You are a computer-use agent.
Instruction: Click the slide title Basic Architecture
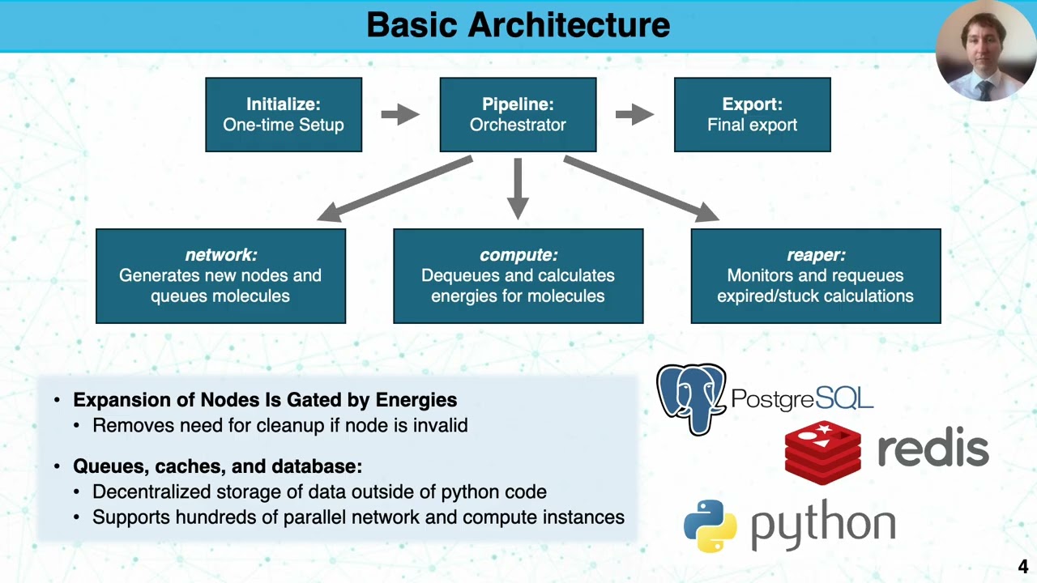[518, 25]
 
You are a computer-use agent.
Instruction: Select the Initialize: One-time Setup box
[284, 114]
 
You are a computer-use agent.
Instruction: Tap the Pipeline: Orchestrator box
[518, 114]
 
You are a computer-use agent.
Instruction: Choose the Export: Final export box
[752, 114]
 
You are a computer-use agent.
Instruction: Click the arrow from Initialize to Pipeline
[400, 114]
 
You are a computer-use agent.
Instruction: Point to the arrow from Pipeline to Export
[634, 114]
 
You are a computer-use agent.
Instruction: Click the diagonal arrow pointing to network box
[395, 189]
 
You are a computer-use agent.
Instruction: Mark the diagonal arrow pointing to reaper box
[641, 189]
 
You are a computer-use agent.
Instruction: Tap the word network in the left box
[220, 255]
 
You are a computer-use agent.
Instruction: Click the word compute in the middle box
[518, 255]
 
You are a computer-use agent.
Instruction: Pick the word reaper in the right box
[815, 255]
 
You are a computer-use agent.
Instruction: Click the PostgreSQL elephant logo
[690, 398]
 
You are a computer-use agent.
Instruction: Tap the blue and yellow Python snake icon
[711, 526]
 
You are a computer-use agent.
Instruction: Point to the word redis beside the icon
[932, 449]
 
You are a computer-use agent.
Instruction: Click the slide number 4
[1023, 567]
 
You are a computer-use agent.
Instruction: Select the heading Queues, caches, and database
[217, 466]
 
